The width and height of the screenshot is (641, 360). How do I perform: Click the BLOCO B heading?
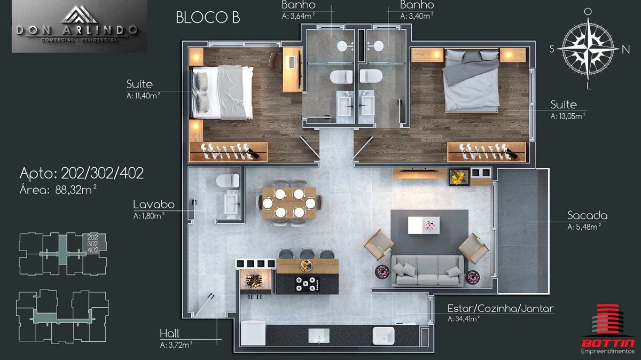pos(208,18)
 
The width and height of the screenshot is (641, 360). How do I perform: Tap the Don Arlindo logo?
pos(80,26)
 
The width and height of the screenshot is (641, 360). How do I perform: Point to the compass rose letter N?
pos(626,50)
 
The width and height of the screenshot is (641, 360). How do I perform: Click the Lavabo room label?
pos(154,205)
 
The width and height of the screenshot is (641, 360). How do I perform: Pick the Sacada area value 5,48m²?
pos(584,227)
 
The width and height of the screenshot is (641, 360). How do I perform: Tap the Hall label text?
pos(169,333)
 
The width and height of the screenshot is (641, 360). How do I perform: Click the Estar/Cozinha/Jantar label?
pos(501,309)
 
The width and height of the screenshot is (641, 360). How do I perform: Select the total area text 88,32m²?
pos(76,190)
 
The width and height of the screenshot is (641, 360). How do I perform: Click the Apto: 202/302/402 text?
pos(82,173)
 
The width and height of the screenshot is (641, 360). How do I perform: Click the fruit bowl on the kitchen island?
pos(307,265)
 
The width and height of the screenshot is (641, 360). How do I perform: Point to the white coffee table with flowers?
pos(424,225)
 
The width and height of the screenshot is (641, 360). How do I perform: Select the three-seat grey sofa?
pos(427,271)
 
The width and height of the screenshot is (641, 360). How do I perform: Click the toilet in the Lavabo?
pos(228,181)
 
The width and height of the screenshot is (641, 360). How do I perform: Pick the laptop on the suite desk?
pos(290,62)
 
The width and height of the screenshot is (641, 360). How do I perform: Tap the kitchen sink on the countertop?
pos(384,335)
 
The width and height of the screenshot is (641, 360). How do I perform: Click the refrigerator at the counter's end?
pos(253,333)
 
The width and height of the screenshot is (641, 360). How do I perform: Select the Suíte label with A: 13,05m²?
pos(568,110)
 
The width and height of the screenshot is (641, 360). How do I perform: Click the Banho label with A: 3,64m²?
pos(299,10)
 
